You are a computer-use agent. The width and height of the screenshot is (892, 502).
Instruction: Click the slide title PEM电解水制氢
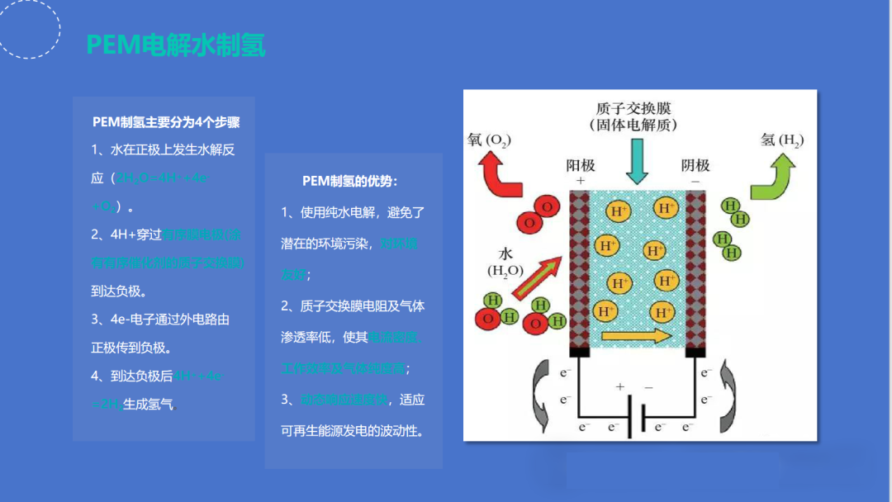tap(176, 45)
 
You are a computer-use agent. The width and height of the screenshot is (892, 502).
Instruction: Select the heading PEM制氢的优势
tap(350, 181)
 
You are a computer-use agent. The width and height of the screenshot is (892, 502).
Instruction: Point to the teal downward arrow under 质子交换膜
tap(638, 159)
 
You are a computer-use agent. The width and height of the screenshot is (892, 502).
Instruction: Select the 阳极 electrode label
tap(580, 165)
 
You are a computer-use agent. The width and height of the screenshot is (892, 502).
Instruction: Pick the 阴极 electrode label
tap(695, 165)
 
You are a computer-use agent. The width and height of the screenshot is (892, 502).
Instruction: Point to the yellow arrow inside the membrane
tap(637, 335)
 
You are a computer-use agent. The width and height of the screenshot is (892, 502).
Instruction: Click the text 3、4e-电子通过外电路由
tap(159, 320)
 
